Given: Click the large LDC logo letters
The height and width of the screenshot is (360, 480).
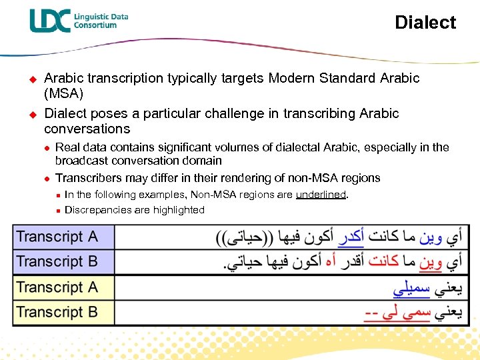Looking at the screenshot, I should [49, 21].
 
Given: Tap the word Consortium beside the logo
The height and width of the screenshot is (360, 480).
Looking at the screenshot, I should [95, 25].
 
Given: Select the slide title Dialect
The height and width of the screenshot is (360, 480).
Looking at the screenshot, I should [425, 23].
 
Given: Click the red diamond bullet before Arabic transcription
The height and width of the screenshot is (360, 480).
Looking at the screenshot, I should [29, 79].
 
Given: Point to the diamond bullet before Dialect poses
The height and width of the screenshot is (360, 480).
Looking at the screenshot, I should [29, 114].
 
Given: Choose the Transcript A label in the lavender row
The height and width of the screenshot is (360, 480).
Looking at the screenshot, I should [57, 237].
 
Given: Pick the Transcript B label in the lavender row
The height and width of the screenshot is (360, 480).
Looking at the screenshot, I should [57, 261].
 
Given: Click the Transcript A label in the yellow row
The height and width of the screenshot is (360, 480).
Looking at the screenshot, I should [57, 287].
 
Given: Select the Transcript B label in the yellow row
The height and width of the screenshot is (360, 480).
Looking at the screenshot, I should [57, 312].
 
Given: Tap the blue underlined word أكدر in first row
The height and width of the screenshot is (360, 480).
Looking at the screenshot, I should [351, 237].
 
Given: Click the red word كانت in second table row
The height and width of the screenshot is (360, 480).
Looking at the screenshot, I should [383, 261].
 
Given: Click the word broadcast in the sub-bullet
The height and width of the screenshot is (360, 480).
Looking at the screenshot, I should [82, 161].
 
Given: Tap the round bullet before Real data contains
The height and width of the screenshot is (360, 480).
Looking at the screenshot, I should [45, 148].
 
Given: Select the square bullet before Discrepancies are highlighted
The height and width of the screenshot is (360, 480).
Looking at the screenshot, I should [58, 211].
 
